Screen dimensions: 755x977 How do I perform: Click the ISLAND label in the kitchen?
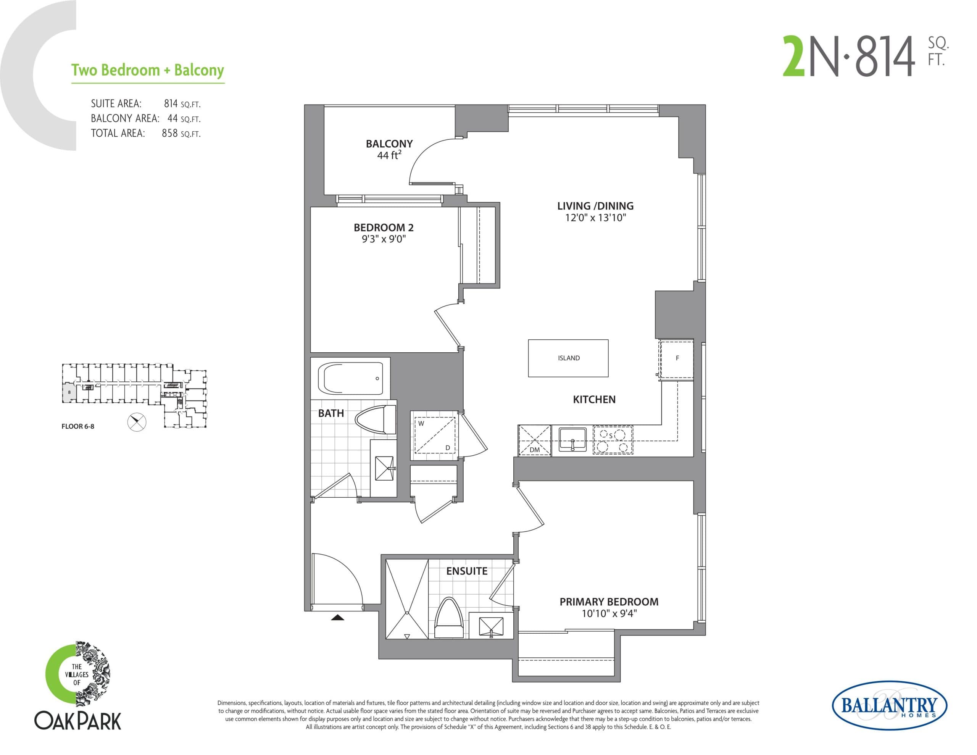pos(569,358)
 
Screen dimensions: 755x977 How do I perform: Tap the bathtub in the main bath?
pos(350,379)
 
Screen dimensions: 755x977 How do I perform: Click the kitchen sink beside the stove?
pos(572,440)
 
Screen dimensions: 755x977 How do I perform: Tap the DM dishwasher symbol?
pos(535,441)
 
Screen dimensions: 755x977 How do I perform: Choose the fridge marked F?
pos(677,358)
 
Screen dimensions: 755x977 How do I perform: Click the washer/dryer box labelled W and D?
pos(434,435)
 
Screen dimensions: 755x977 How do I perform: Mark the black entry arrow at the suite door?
pos(337,618)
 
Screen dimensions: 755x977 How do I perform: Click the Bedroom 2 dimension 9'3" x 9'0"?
pos(384,239)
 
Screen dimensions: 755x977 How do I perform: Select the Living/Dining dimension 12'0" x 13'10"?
pos(595,218)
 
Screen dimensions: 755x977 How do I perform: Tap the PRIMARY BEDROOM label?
pos(609,602)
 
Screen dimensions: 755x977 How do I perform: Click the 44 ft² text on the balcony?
pos(389,155)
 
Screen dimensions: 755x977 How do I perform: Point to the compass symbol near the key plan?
pos(137,421)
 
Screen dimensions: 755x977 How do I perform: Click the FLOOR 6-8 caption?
pos(78,426)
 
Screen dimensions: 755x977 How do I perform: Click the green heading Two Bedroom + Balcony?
pos(148,70)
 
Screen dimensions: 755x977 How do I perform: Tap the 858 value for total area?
pos(170,133)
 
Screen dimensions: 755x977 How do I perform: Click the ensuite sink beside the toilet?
pos(491,626)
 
